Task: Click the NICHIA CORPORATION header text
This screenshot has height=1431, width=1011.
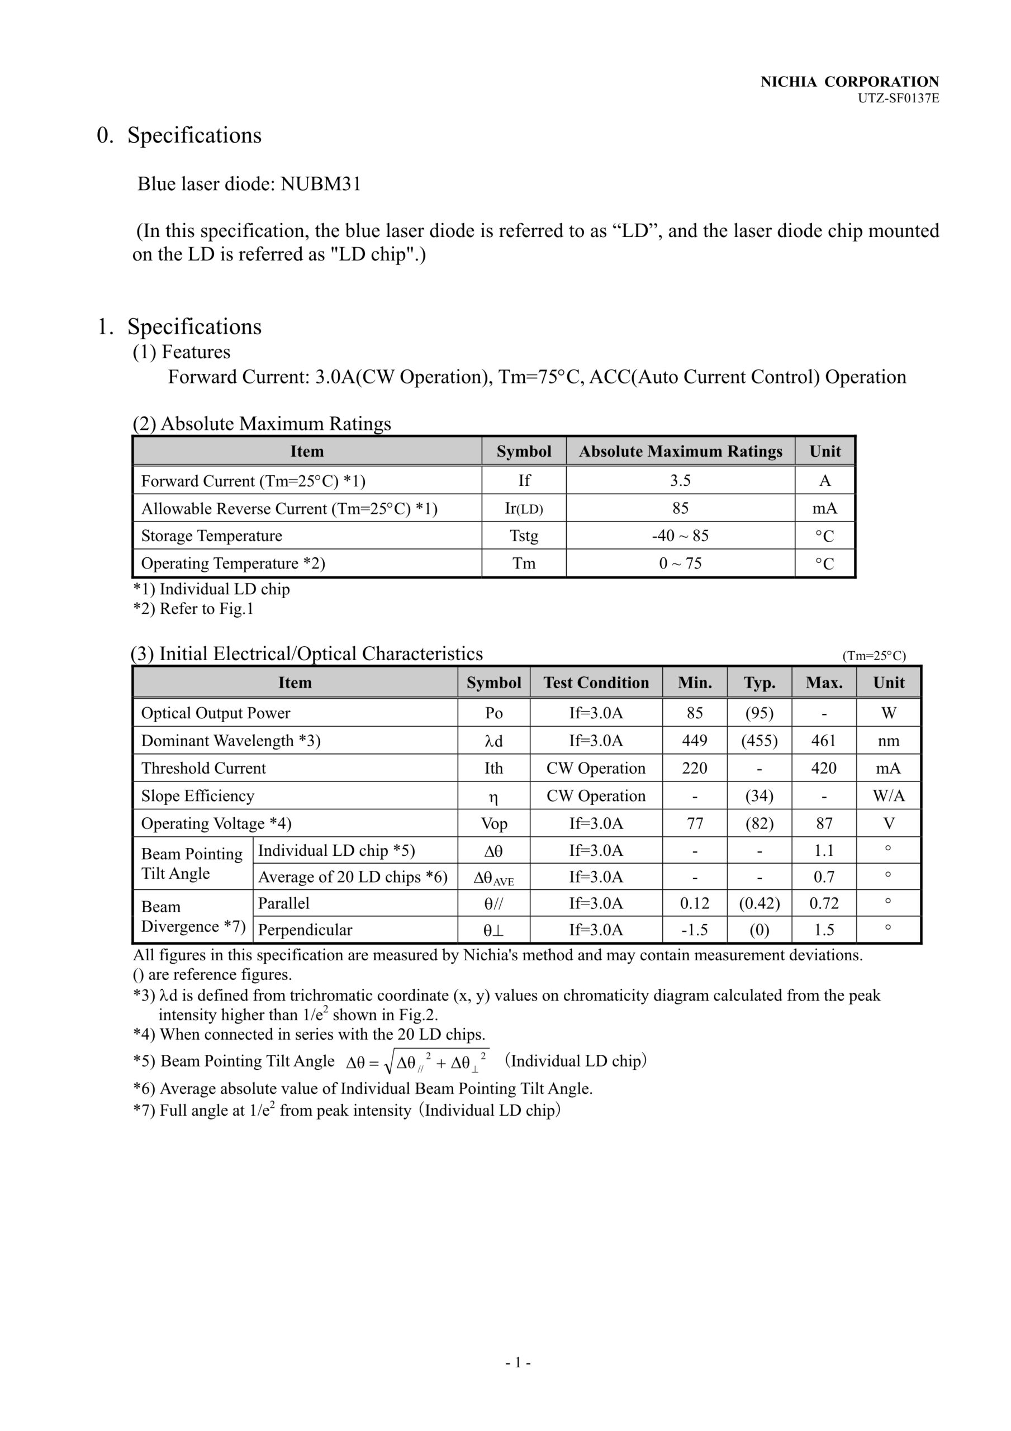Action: click(x=849, y=82)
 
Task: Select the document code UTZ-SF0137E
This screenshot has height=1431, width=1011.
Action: click(x=898, y=98)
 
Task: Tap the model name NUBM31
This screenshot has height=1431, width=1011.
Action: click(x=320, y=184)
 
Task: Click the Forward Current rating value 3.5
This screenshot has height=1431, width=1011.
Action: click(x=680, y=481)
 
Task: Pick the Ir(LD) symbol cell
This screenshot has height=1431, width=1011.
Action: click(x=524, y=509)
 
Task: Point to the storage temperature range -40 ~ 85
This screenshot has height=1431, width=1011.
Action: click(x=680, y=536)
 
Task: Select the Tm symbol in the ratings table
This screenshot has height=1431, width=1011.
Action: click(x=524, y=563)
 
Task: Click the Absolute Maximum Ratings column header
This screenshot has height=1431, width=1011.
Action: click(x=680, y=451)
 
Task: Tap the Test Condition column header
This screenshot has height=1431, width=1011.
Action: click(x=596, y=683)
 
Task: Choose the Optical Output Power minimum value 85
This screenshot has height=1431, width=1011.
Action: click(x=694, y=713)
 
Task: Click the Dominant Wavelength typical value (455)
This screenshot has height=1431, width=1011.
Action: click(x=759, y=741)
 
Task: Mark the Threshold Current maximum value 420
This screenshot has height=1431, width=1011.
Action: click(x=823, y=768)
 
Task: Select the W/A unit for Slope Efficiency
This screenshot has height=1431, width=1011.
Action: click(x=888, y=796)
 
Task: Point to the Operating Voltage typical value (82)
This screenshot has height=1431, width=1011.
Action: click(x=759, y=823)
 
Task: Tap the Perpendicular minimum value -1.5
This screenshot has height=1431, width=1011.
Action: click(x=694, y=930)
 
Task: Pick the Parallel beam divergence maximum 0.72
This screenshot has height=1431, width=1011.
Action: click(x=823, y=903)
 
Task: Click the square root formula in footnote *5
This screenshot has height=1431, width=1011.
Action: click(x=417, y=1062)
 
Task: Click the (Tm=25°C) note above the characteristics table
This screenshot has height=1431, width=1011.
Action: click(x=874, y=656)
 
